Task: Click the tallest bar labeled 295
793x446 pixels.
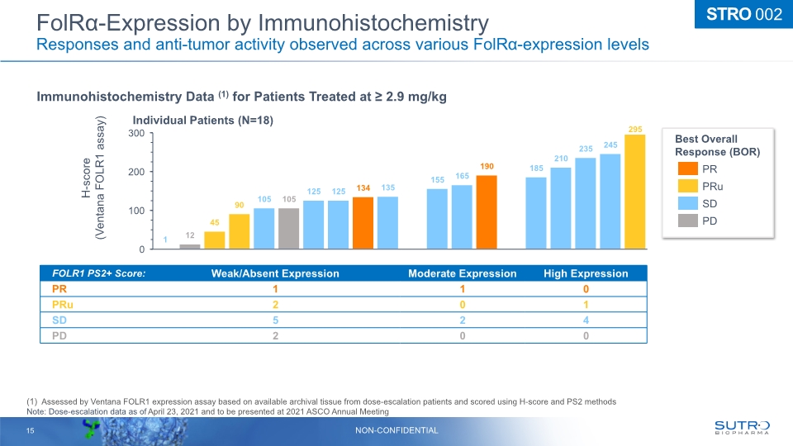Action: (635, 192)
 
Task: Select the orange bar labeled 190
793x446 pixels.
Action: (487, 211)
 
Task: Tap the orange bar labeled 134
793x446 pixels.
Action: (363, 222)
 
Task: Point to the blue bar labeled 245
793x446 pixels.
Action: (610, 201)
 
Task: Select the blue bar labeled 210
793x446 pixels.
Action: (561, 207)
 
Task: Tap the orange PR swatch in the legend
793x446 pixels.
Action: (689, 168)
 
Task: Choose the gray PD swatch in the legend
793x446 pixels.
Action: (689, 221)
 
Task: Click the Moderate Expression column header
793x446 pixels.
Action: (462, 273)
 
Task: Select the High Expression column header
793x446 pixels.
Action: (586, 273)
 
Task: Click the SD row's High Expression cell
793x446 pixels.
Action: (586, 320)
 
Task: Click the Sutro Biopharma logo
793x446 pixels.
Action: (741, 427)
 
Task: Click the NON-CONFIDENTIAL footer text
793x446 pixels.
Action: (396, 430)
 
